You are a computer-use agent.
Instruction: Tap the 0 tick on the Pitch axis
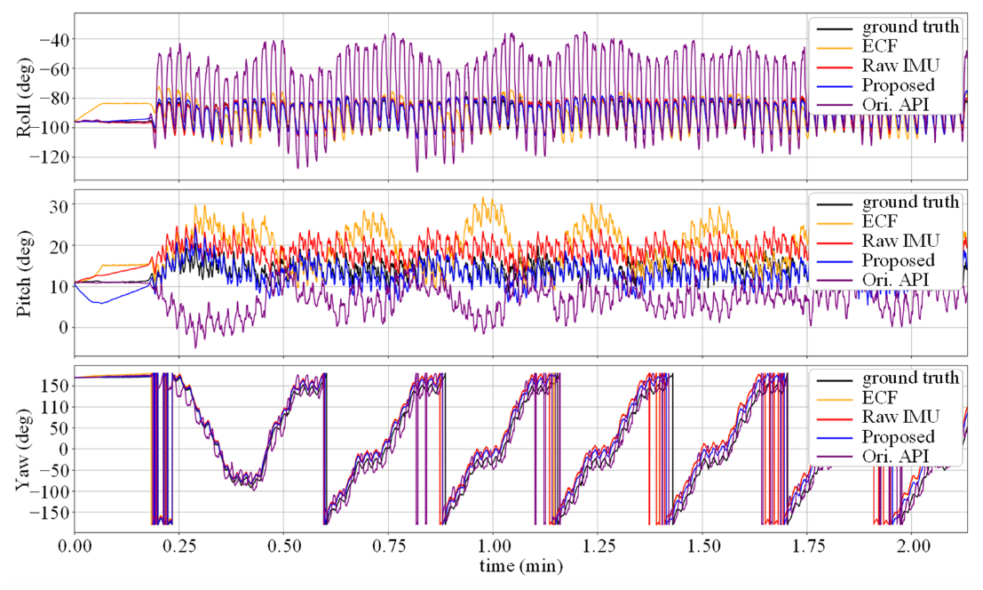(x=65, y=327)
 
